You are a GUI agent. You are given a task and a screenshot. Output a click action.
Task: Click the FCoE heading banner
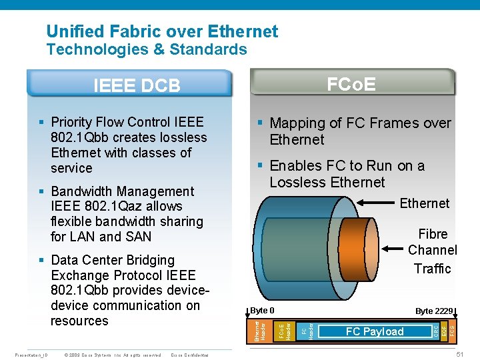point(351,84)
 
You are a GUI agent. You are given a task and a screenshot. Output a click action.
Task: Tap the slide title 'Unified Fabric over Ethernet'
point(162,31)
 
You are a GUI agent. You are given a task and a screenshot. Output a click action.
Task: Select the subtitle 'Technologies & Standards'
point(147,49)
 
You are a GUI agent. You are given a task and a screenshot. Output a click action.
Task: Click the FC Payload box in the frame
point(374,331)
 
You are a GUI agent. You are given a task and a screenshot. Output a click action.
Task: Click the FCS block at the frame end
point(452,330)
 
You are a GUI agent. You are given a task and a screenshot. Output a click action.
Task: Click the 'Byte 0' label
point(263,311)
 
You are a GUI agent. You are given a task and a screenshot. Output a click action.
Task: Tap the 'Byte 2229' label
point(434,311)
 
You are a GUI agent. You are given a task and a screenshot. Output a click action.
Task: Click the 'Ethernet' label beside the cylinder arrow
point(425,203)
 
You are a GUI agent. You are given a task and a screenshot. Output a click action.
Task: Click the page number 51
point(459,353)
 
